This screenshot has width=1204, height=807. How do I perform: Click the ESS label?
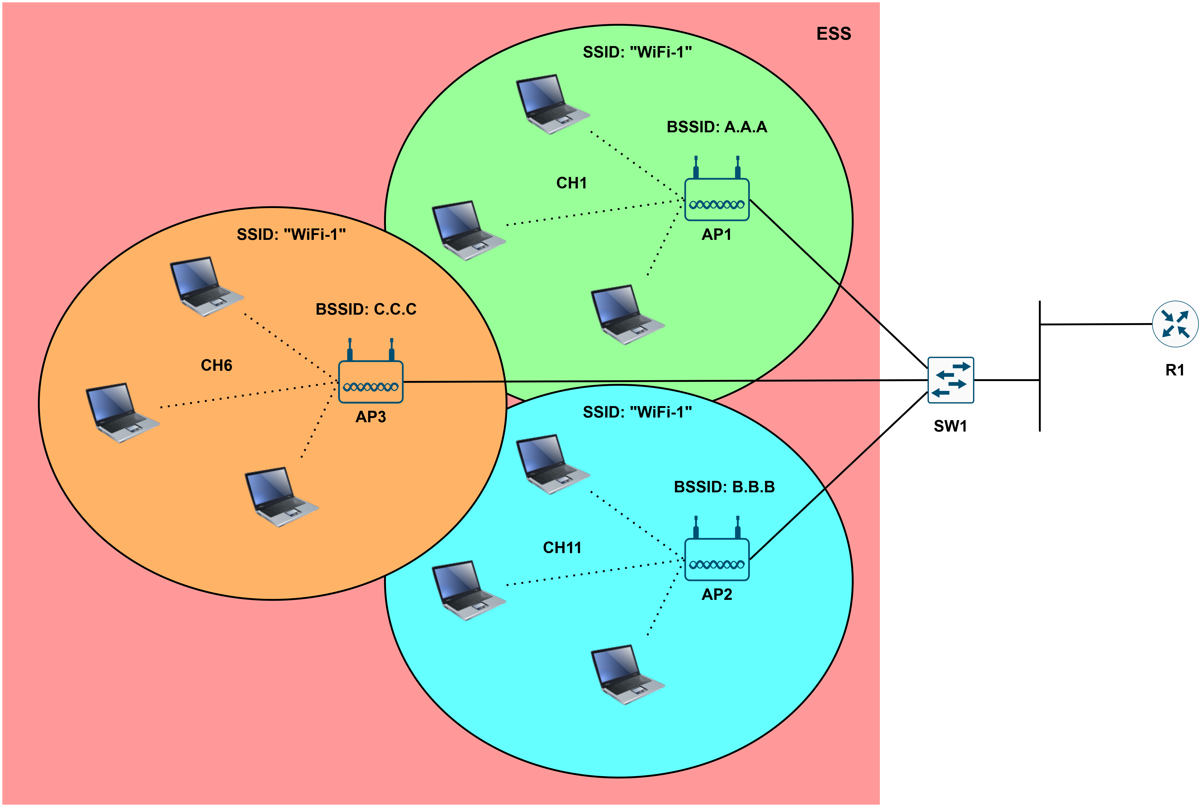[833, 34]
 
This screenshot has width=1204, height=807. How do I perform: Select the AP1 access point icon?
[717, 200]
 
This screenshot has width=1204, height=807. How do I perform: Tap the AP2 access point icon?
[717, 559]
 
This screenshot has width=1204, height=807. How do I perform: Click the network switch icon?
[950, 380]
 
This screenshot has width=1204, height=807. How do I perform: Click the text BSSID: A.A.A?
[717, 127]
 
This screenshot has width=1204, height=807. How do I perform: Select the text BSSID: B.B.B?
[724, 487]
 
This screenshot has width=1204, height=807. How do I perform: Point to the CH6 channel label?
[216, 365]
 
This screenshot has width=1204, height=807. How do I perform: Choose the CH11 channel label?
[562, 548]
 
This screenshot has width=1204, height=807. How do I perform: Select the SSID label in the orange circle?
[291, 235]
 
